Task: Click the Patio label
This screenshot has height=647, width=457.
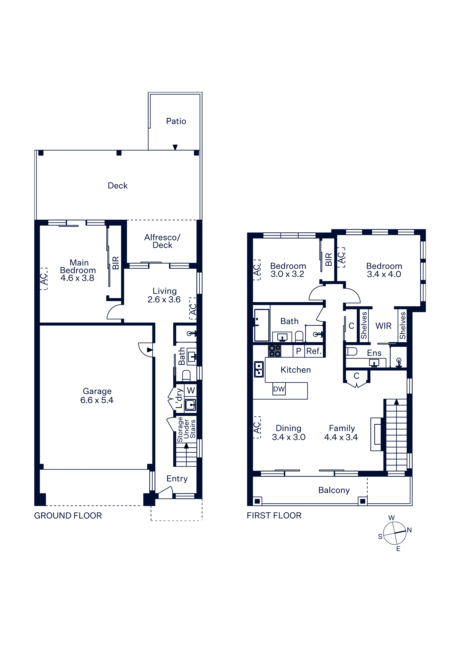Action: click(176, 121)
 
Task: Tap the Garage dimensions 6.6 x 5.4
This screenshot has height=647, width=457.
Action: click(97, 400)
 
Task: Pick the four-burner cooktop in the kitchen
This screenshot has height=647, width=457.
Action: click(275, 351)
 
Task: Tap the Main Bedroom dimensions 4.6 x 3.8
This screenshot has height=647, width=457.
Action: click(77, 278)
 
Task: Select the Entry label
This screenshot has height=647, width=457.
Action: click(177, 479)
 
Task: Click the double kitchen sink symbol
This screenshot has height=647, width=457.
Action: click(259, 369)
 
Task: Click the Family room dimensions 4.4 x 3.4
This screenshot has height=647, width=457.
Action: click(341, 437)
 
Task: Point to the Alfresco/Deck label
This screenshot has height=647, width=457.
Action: click(162, 241)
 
